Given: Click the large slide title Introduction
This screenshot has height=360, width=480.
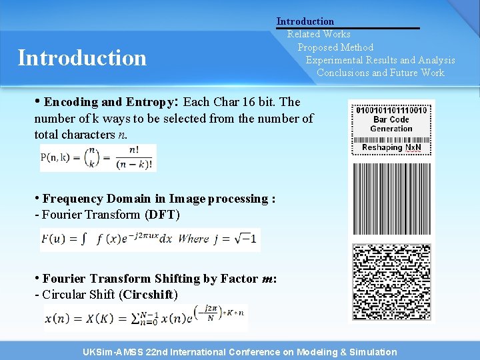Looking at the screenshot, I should tap(82, 58).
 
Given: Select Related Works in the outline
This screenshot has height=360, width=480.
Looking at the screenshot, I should tap(319, 34).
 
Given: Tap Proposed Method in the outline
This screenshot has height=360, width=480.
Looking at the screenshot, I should tap(335, 47).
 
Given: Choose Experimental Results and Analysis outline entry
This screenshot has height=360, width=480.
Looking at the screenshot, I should tap(380, 60).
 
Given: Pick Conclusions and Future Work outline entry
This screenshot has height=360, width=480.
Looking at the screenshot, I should tap(380, 73).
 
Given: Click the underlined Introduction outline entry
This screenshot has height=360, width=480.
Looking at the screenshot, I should tap(305, 21).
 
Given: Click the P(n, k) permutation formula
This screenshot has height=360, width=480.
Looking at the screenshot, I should tap(98, 158).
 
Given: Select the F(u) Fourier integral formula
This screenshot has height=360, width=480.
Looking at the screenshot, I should tap(149, 239).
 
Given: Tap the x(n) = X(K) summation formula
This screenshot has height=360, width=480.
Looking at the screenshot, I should tap(145, 318).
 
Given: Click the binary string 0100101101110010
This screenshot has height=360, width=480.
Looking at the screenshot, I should tap(391, 109).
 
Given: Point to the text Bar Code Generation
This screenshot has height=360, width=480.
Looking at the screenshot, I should tap(391, 124).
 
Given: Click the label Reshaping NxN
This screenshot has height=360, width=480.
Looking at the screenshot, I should tap(391, 147).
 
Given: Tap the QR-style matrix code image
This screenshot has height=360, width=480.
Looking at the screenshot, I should tap(391, 282).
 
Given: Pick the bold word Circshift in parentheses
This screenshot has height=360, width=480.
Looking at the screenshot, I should tap(148, 294).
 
